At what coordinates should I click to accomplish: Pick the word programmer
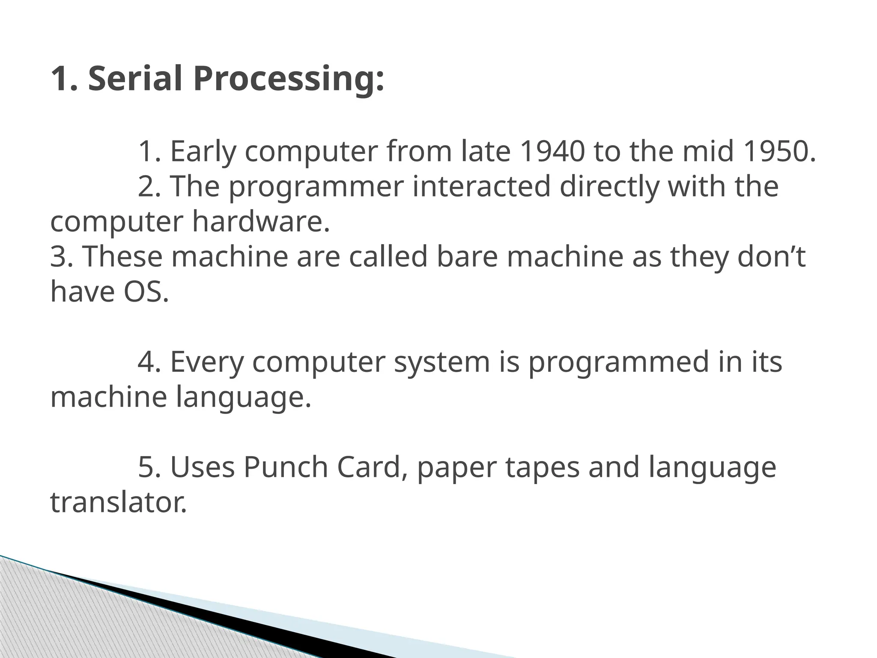click(x=316, y=188)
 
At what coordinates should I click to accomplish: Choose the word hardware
click(x=261, y=221)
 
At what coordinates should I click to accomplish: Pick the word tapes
click(x=542, y=468)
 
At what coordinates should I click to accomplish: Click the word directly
click(x=609, y=188)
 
